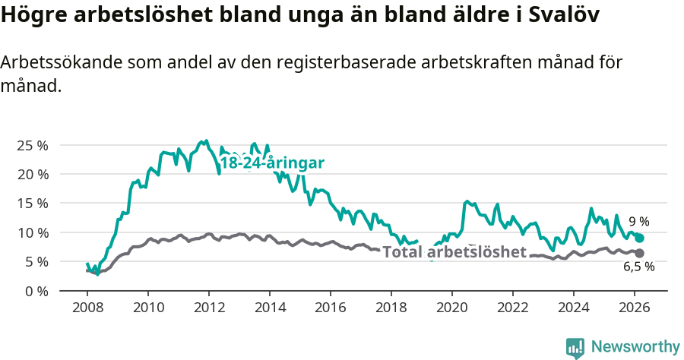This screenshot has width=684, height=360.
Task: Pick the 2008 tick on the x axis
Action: coord(87,308)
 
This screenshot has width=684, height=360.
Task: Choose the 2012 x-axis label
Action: coord(209,308)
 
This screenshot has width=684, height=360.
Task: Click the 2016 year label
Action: coord(331,308)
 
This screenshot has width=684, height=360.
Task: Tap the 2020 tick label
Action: coord(452,308)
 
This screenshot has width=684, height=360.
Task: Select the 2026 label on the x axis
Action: coord(635,308)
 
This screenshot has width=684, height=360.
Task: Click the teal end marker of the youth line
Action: coord(639,238)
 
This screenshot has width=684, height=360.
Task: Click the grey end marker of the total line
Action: coord(639,253)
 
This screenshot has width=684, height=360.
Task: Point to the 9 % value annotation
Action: coord(638,222)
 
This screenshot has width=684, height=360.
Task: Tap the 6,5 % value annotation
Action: coord(638,267)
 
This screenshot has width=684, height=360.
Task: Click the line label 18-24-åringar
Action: coord(272,163)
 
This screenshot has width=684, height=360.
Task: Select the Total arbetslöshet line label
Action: coord(454,252)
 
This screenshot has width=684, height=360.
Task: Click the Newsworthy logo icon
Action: coord(575,347)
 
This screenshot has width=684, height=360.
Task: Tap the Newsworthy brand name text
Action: coord(635,347)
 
